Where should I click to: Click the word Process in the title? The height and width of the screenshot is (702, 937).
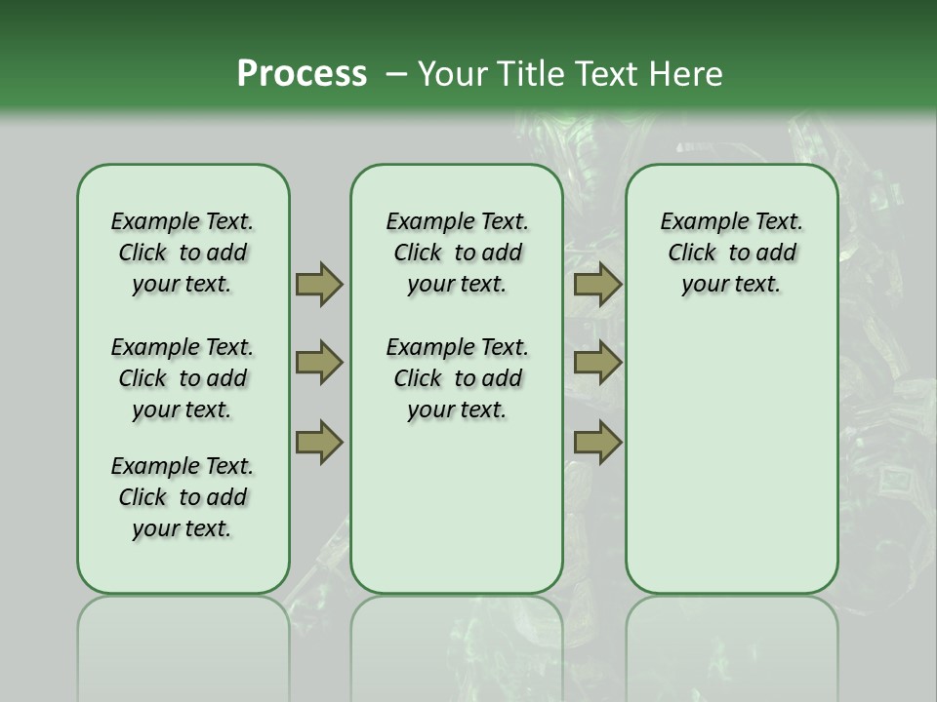pyautogui.click(x=302, y=74)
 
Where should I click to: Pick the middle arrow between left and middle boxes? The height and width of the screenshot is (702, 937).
pyautogui.click(x=318, y=363)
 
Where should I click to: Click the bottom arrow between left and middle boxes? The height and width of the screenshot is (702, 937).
pyautogui.click(x=318, y=443)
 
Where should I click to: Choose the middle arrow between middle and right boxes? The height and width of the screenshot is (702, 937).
pyautogui.click(x=597, y=363)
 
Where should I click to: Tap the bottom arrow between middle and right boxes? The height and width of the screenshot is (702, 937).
pyautogui.click(x=597, y=443)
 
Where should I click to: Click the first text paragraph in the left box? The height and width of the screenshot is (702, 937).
pyautogui.click(x=183, y=253)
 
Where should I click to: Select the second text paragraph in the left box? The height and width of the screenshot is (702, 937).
pyautogui.click(x=183, y=378)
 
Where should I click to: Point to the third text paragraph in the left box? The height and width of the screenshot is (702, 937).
pyautogui.click(x=183, y=497)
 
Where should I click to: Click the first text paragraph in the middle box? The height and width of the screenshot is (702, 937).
pyautogui.click(x=457, y=253)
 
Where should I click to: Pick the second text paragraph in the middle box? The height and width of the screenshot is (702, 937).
pyautogui.click(x=457, y=378)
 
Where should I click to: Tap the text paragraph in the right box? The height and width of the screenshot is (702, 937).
pyautogui.click(x=731, y=253)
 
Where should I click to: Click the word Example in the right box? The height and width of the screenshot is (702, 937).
pyautogui.click(x=698, y=222)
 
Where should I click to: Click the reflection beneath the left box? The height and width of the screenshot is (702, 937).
pyautogui.click(x=183, y=634)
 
